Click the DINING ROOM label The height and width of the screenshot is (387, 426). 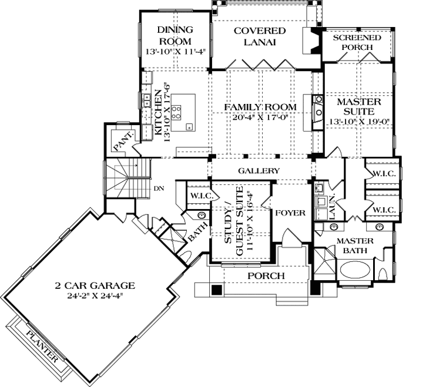click(x=175, y=36)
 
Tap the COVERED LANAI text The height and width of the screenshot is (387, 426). click(x=259, y=36)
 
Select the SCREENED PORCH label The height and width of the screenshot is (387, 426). click(x=357, y=42)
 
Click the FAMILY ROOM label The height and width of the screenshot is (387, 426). click(x=260, y=107)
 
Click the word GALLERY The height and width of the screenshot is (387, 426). click(x=259, y=170)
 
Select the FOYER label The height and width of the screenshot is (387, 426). click(x=291, y=213)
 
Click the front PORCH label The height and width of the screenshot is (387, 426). click(x=265, y=275)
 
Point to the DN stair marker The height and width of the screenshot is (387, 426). click(x=158, y=189)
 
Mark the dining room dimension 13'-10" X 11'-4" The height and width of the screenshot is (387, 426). click(x=175, y=52)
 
